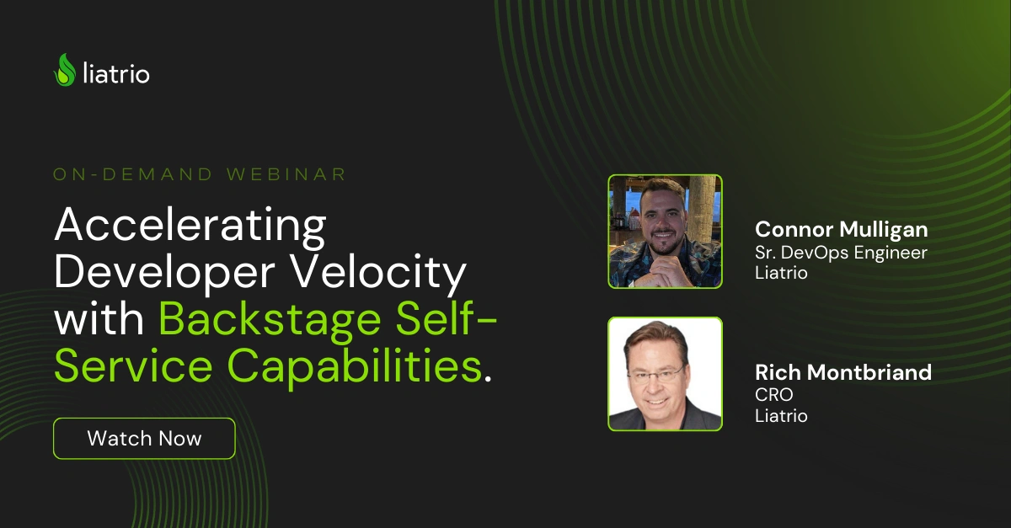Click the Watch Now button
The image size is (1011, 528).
[144, 438]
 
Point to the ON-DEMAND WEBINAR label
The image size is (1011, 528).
[200, 174]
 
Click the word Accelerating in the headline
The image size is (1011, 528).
[190, 225]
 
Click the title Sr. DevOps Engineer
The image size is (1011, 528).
[841, 253]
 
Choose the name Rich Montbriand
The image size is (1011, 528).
[843, 372]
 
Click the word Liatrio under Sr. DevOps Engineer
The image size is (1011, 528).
[781, 274]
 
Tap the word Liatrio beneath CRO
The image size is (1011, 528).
[781, 416]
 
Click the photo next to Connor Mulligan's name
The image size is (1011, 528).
[665, 232]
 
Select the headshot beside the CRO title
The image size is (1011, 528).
[665, 374]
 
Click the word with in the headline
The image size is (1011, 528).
[100, 321]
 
